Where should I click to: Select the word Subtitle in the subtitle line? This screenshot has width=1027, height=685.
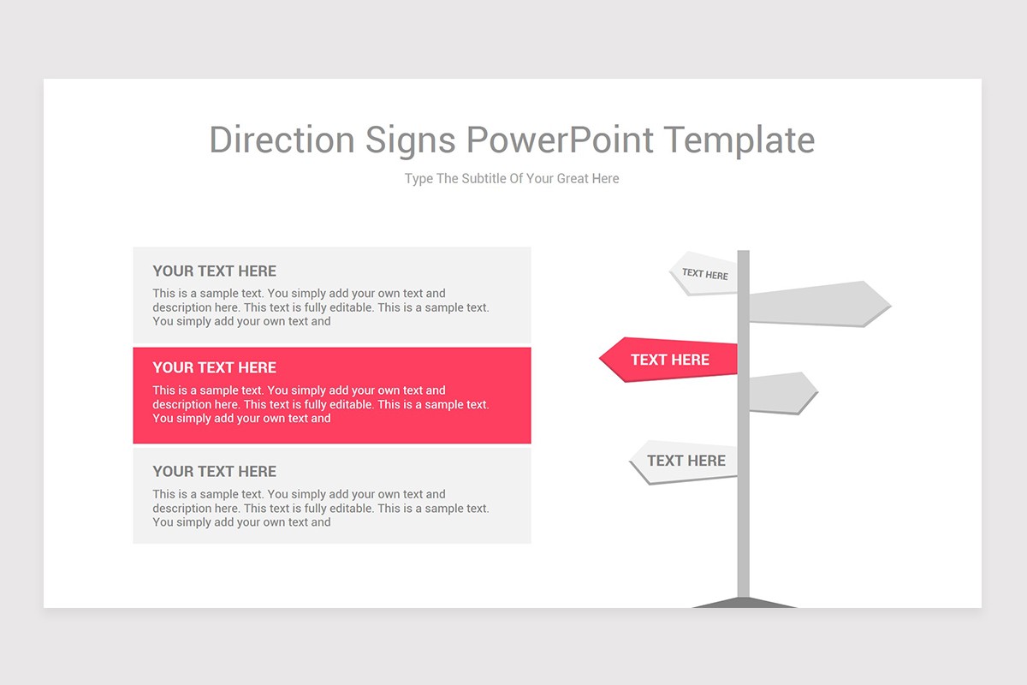pyautogui.click(x=484, y=179)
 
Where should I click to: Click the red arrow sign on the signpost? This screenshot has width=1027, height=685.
pyautogui.click(x=668, y=360)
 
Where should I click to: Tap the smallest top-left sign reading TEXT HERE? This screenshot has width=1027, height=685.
pyautogui.click(x=704, y=274)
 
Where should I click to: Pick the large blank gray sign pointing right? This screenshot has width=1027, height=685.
pyautogui.click(x=818, y=304)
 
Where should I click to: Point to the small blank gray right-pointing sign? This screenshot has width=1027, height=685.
pyautogui.click(x=781, y=393)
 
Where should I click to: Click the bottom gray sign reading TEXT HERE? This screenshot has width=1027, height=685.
pyautogui.click(x=685, y=462)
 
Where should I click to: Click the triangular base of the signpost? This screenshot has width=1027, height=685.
pyautogui.click(x=744, y=603)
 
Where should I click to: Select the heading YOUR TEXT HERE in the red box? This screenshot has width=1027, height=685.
pyautogui.click(x=214, y=368)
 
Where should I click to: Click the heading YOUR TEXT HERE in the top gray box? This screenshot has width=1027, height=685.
pyautogui.click(x=214, y=271)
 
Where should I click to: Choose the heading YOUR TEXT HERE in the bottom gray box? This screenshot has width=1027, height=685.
pyautogui.click(x=214, y=472)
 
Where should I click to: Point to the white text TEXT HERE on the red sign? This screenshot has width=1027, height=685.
pyautogui.click(x=670, y=360)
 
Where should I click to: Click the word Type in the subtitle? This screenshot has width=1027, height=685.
pyautogui.click(x=419, y=179)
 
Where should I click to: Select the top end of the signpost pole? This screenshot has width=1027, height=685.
pyautogui.click(x=744, y=253)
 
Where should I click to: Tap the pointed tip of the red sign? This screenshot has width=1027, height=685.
pyautogui.click(x=601, y=360)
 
